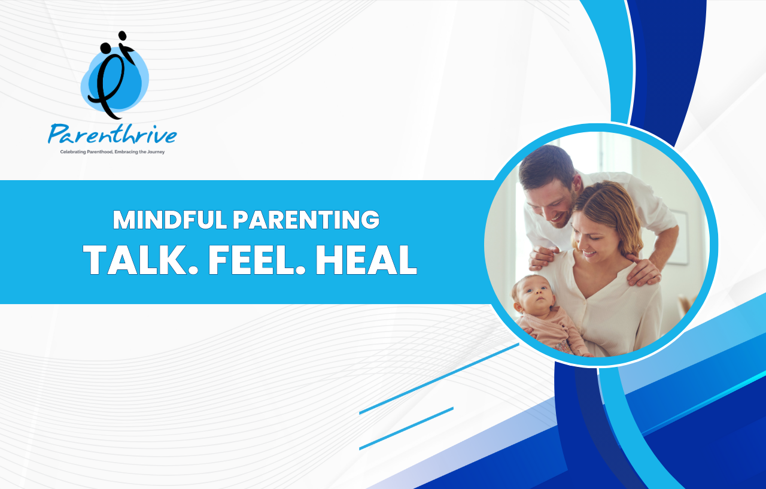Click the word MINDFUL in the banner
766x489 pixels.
(170, 219)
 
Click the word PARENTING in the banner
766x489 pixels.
(306, 219)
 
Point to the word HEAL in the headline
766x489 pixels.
(366, 260)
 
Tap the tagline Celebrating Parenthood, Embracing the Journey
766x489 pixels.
(113, 152)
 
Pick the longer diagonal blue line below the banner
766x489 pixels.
(439, 378)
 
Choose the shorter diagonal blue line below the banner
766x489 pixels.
(406, 428)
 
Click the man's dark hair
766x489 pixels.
(546, 164)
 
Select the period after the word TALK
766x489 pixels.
(193, 270)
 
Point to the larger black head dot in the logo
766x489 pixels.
(105, 48)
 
